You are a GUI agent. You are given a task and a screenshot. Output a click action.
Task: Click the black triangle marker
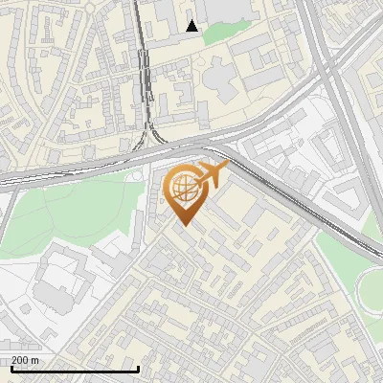pos(192,26)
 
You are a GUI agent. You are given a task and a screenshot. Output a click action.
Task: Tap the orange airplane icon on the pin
pos(212,174)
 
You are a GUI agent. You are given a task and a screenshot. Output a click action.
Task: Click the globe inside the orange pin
pos(182,190)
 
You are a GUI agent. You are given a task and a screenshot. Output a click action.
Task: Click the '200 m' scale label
pos(25,360)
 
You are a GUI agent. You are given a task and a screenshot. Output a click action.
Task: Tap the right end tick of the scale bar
pos(139,368)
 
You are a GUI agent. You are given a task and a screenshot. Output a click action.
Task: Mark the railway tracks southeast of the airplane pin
pos(287,196)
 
